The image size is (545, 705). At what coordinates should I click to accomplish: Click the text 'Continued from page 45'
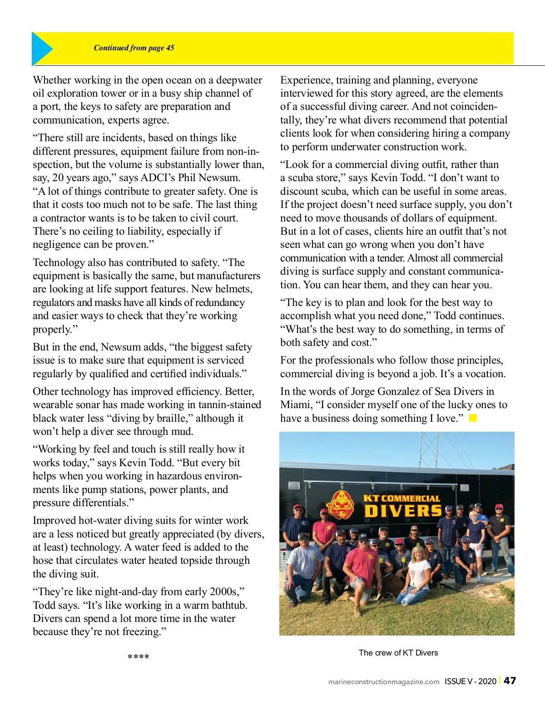[134, 48]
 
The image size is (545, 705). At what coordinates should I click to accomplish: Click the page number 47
[510, 680]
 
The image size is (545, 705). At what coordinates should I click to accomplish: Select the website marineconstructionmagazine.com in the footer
[384, 681]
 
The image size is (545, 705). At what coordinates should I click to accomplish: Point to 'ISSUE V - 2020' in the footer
[471, 681]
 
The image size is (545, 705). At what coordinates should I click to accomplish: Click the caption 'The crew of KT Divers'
[398, 653]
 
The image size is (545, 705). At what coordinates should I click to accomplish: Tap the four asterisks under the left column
[139, 657]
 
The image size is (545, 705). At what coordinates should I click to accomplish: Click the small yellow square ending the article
[473, 418]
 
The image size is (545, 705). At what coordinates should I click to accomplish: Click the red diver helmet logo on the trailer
[342, 504]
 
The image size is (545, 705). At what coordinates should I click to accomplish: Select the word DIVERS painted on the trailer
[402, 511]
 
